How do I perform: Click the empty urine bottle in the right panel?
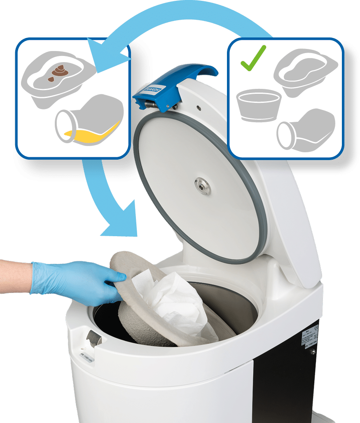[x=306, y=129]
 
